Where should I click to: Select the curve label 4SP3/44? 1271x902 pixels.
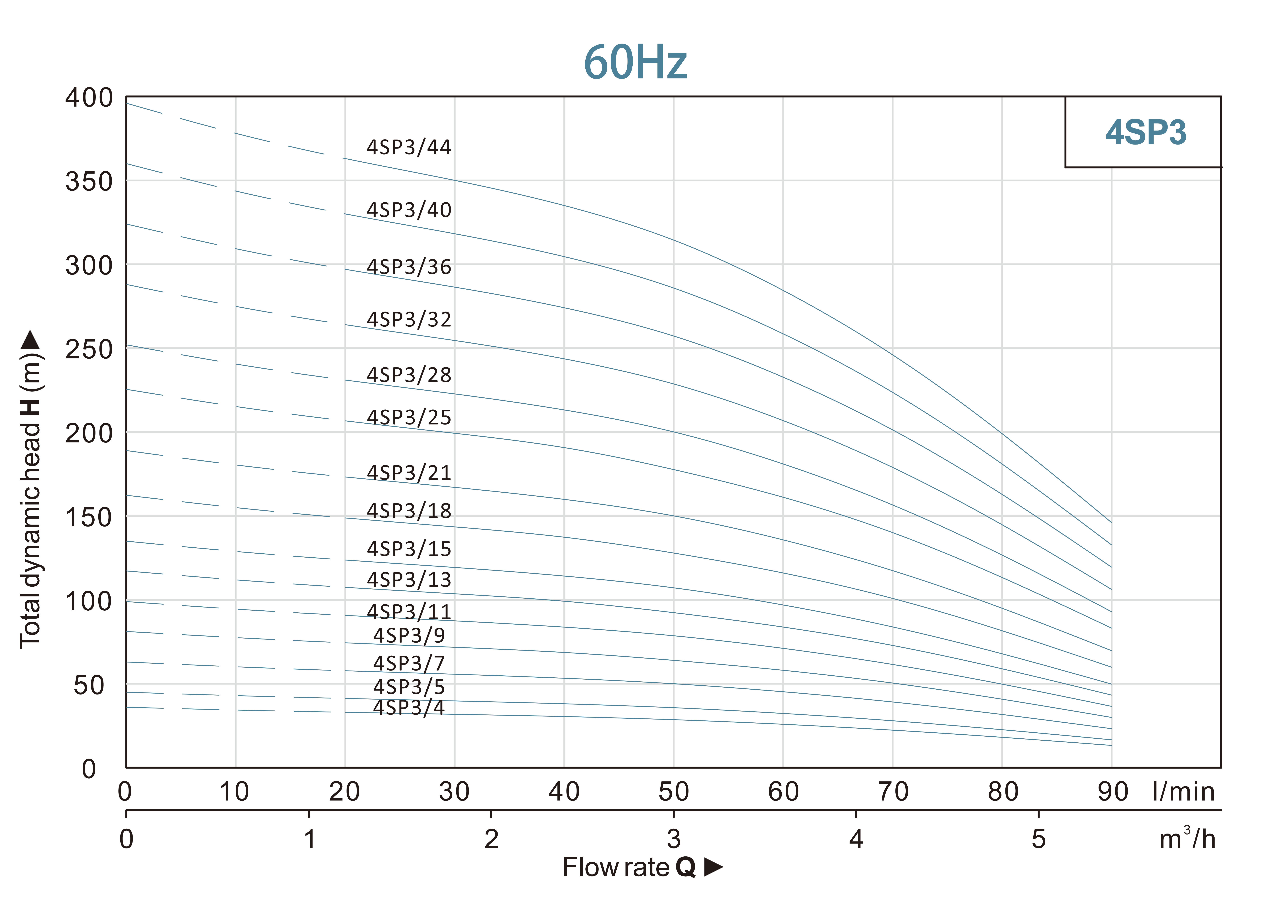pos(409,147)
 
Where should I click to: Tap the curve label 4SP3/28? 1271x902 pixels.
pos(409,375)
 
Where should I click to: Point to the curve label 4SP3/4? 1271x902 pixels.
pos(409,708)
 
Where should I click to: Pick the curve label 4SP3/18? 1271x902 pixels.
pos(409,510)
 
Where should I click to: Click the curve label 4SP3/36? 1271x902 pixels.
pos(409,267)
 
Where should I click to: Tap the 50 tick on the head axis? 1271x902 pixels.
pos(89,685)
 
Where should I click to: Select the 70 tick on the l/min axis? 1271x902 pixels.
pos(893,791)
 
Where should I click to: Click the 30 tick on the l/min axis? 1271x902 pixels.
pos(454,791)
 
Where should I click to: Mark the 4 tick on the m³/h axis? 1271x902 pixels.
pos(856,839)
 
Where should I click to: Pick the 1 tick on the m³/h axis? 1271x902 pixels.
pos(309,839)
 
